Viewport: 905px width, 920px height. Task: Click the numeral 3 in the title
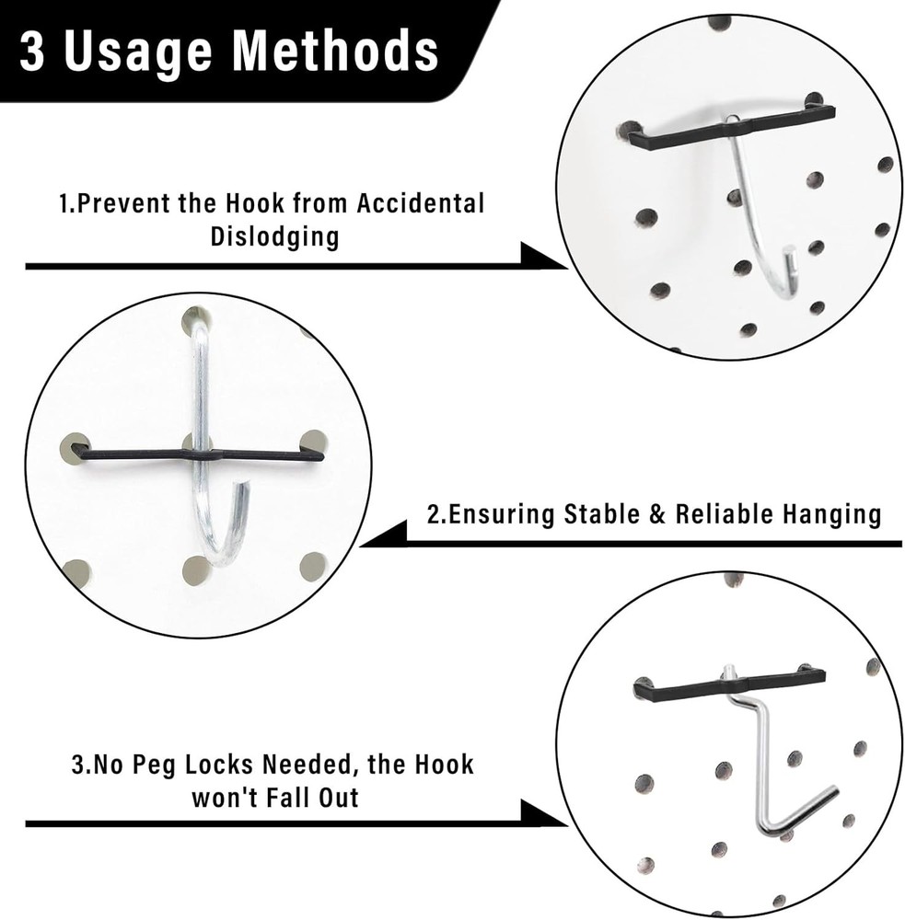[34, 52]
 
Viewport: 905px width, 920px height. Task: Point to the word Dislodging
[274, 236]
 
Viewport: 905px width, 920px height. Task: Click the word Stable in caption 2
[605, 514]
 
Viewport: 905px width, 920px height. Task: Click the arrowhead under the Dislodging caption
[542, 258]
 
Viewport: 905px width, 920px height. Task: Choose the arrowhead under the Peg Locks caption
[542, 815]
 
